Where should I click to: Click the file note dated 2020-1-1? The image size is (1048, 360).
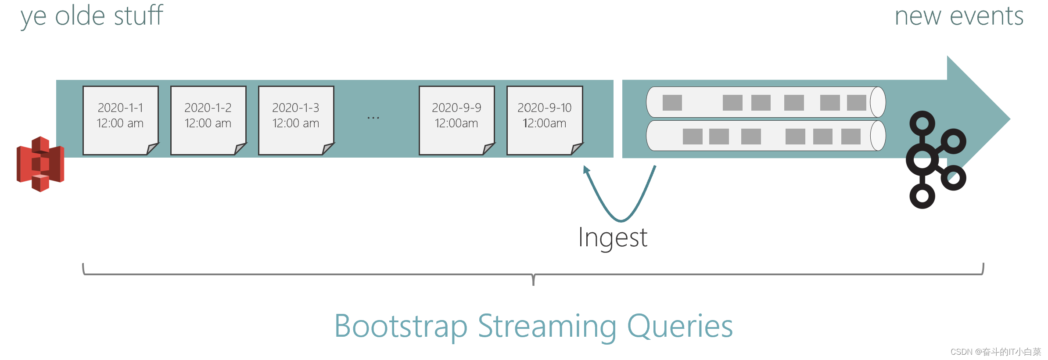(120, 120)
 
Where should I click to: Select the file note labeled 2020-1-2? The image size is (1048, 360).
(208, 120)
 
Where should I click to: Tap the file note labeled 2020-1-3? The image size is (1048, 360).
(296, 120)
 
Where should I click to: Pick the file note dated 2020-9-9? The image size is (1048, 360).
(456, 120)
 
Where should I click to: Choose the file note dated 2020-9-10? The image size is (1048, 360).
(544, 120)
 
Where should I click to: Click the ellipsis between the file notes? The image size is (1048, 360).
(373, 118)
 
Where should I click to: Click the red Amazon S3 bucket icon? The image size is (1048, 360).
(40, 164)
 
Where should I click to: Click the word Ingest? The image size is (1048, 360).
(612, 238)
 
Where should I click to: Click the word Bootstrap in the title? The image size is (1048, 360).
(400, 327)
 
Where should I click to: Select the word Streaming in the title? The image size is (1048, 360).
(547, 327)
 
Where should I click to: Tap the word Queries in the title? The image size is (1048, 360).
(680, 327)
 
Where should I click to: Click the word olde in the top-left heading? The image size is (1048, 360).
(80, 16)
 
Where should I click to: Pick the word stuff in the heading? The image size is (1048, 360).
(138, 15)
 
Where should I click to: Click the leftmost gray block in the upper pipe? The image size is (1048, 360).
(672, 103)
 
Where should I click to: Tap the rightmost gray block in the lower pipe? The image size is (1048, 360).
(851, 137)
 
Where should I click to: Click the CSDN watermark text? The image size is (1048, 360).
(995, 352)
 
